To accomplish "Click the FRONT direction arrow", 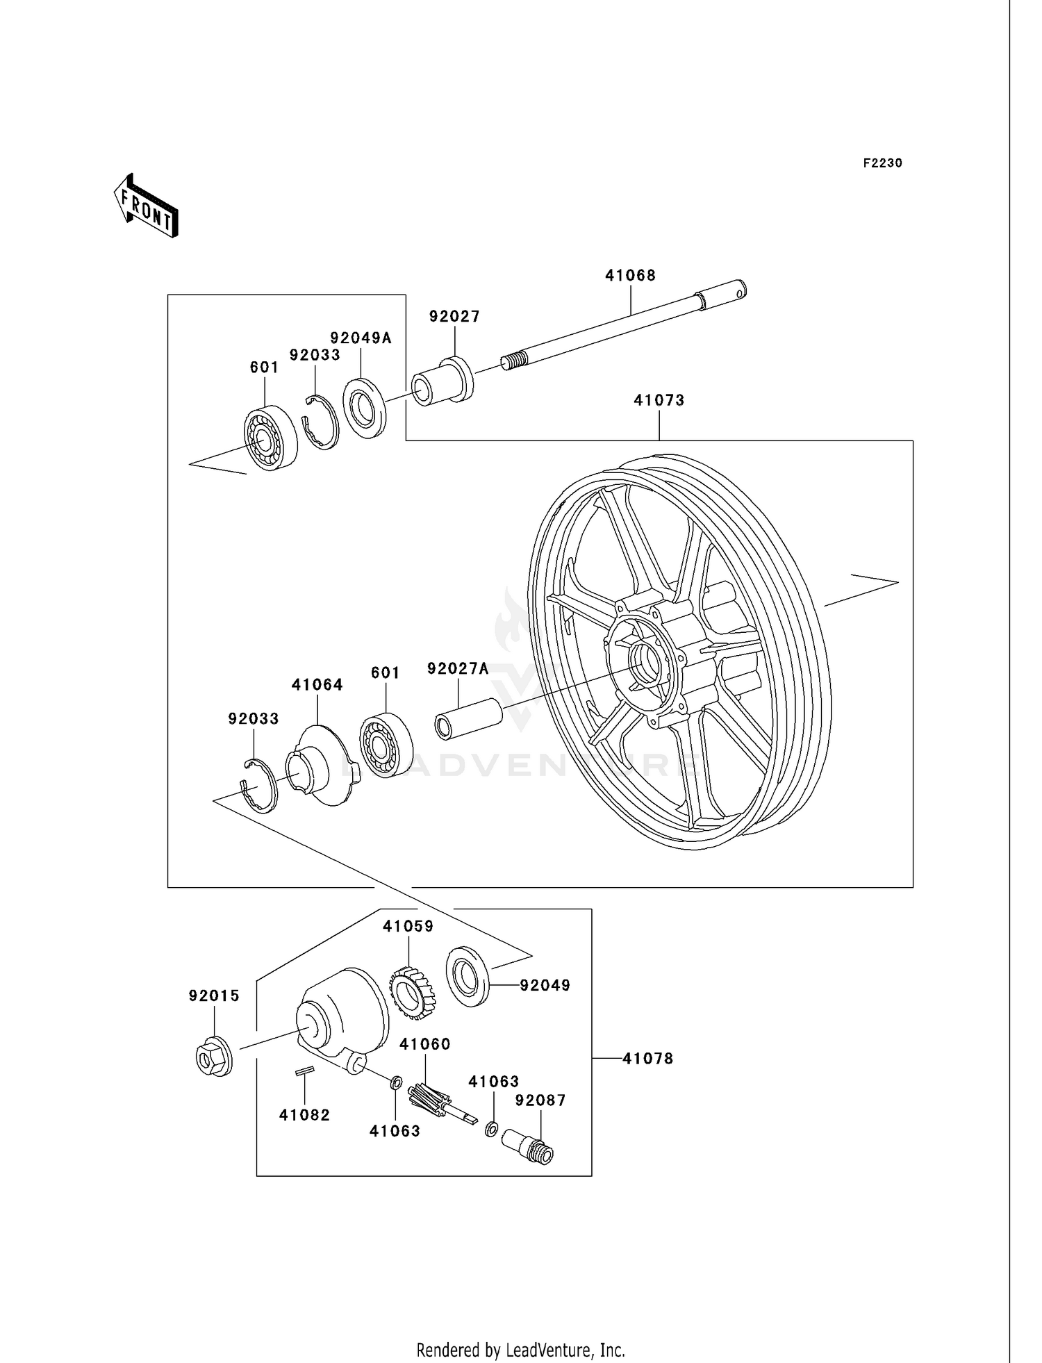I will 147,206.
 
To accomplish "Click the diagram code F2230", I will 882,163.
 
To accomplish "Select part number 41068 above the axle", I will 630,276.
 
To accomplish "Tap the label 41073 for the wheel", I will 659,401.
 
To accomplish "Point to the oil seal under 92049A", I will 365,407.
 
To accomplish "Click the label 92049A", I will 361,338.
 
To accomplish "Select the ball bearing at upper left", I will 270,438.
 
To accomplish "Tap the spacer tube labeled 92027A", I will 468,719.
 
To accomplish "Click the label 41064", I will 317,685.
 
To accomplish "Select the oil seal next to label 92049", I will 468,975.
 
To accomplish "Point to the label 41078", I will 647,1059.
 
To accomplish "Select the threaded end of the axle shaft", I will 511,362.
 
